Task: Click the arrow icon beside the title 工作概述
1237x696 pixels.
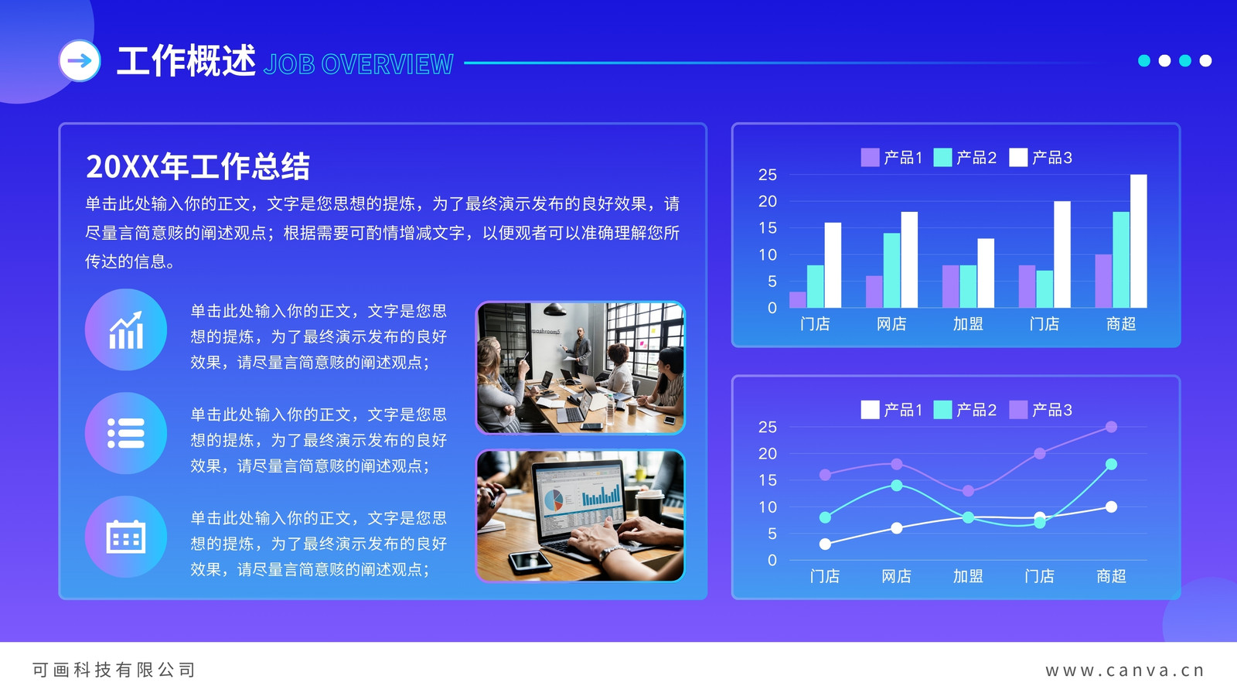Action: tap(80, 61)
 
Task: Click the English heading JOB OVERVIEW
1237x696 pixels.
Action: tap(359, 64)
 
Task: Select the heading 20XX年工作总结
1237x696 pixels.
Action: tap(198, 166)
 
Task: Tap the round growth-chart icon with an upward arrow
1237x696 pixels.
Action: tap(126, 329)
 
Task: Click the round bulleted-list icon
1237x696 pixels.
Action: tap(126, 433)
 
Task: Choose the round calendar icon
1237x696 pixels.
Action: tap(126, 537)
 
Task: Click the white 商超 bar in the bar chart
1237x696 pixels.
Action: tap(1139, 241)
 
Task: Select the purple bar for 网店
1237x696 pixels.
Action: tap(874, 292)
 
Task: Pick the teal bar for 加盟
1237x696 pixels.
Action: tap(968, 286)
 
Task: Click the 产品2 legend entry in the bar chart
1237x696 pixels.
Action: tap(966, 158)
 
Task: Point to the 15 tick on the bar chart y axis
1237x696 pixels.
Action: tap(768, 228)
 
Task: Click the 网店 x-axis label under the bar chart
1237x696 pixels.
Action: tap(891, 324)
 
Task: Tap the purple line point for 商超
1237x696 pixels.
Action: tap(1112, 427)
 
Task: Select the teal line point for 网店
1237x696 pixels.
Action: tap(897, 486)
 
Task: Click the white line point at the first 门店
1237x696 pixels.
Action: tap(825, 544)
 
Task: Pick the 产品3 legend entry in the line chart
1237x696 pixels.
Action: tap(1041, 410)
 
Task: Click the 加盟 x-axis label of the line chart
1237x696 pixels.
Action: tap(968, 576)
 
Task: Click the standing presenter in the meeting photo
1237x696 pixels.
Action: tap(580, 350)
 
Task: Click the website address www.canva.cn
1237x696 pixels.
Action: tap(1125, 670)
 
